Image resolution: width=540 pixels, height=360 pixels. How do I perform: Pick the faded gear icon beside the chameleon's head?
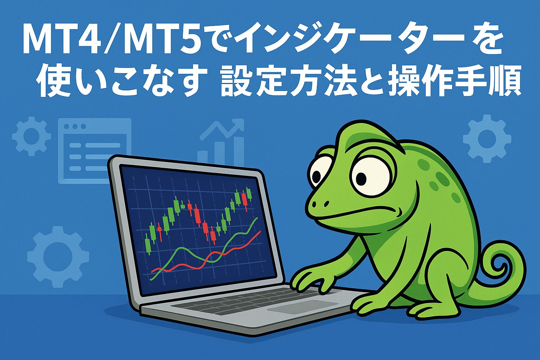coord(487,139)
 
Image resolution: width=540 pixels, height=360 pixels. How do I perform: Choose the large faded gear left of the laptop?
coord(58,257)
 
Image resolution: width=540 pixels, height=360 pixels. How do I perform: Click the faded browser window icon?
coord(95,151)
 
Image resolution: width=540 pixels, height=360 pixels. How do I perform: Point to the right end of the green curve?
coord(257,218)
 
